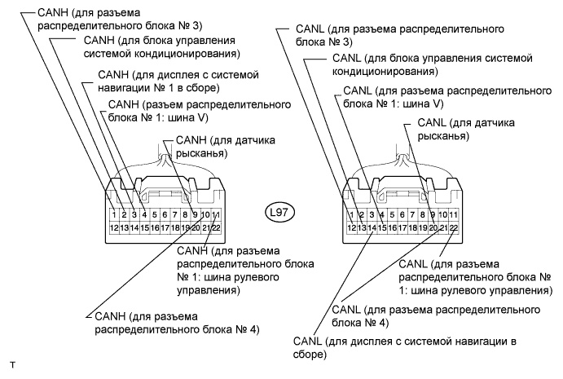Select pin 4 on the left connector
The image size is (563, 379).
[x=144, y=216]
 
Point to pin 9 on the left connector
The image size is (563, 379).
[x=196, y=216]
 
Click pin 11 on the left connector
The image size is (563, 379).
[x=217, y=216]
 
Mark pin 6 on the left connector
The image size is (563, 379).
[x=165, y=216]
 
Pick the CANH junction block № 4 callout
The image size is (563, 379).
[x=176, y=322]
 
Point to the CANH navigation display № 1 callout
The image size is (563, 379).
[x=167, y=82]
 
